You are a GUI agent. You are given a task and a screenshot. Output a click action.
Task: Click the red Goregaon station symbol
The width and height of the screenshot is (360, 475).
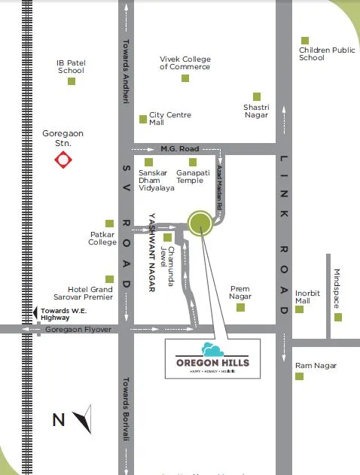pos(62,160)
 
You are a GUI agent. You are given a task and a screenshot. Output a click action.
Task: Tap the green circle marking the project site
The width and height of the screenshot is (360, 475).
pos(201,223)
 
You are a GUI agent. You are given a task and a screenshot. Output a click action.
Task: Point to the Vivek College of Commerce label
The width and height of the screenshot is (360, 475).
pos(184,62)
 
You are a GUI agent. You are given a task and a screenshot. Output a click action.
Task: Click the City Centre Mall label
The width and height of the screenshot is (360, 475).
pos(170,119)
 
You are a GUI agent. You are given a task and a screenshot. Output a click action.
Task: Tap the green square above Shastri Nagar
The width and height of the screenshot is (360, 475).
pos(257,96)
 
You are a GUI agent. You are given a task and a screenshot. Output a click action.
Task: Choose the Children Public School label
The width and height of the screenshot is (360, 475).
pos(326,54)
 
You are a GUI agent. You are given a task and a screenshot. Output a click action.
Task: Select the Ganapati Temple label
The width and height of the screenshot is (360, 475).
pos(194,176)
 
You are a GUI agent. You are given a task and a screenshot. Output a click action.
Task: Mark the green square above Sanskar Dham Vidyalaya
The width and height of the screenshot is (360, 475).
pos(148,162)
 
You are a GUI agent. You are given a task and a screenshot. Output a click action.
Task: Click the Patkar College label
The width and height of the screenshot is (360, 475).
pos(102,238)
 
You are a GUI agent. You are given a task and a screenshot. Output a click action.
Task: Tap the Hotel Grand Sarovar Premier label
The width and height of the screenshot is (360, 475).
pos(90,293)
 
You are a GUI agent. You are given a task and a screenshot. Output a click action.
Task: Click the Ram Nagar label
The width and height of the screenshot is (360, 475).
pos(315,365)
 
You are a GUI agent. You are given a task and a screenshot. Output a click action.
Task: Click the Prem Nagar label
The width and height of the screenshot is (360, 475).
pos(239,292)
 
